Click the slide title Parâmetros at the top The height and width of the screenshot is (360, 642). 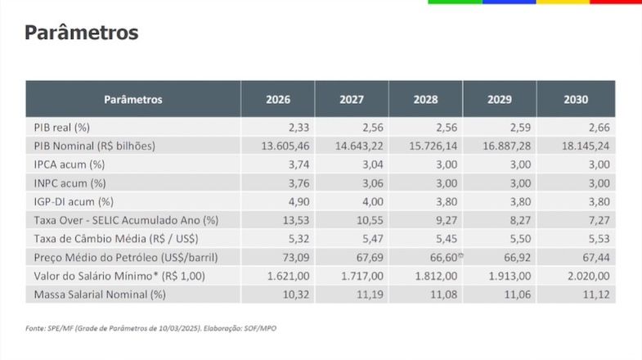(x=81, y=33)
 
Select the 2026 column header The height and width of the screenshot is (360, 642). (x=278, y=100)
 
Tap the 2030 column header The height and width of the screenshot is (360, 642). (x=576, y=100)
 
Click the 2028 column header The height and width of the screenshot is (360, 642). (x=425, y=100)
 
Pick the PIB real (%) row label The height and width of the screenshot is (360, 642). (x=61, y=128)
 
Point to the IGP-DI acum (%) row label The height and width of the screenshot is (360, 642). (x=74, y=201)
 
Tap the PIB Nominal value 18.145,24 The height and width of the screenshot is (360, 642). (x=582, y=146)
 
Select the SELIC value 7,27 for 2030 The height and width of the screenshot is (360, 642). (x=595, y=220)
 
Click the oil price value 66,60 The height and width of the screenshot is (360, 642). (x=442, y=257)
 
